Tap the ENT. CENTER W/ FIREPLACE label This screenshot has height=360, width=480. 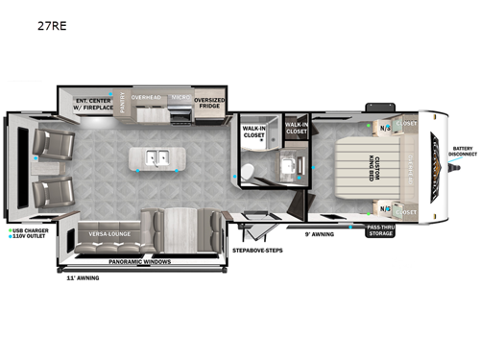[x=94, y=103]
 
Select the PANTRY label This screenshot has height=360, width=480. [x=126, y=102]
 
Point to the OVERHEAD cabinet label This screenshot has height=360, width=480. [x=152, y=97]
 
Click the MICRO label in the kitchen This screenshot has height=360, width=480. [x=181, y=97]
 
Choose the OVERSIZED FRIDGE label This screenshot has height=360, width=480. [x=210, y=102]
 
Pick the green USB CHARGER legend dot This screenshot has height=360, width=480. [x=9, y=231]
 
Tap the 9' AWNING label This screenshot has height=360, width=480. [x=320, y=233]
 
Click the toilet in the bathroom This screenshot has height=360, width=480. [x=247, y=170]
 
